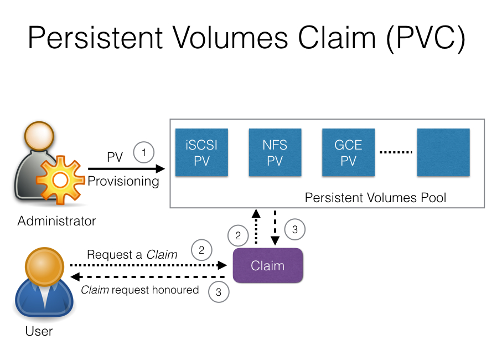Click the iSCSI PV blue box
(x=201, y=152)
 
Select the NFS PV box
(x=275, y=152)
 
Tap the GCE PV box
(x=349, y=152)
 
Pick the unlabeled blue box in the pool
(x=443, y=152)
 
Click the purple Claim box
(x=268, y=265)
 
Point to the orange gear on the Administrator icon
(x=60, y=180)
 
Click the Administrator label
(x=56, y=222)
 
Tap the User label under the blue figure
(x=39, y=331)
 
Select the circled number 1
(x=144, y=152)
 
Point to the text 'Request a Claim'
(x=132, y=255)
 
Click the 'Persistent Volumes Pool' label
(x=376, y=198)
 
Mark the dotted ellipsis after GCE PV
(x=396, y=152)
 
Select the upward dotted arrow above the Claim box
(x=255, y=227)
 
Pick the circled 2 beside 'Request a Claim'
(x=201, y=250)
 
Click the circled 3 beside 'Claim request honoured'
(x=219, y=292)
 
